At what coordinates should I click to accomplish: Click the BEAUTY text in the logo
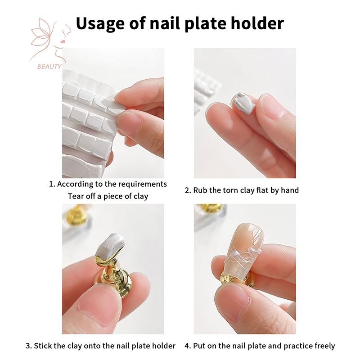point(49,67)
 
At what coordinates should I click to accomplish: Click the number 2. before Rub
point(188,190)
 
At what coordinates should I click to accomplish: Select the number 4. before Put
point(188,346)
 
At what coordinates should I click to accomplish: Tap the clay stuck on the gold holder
point(110,247)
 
